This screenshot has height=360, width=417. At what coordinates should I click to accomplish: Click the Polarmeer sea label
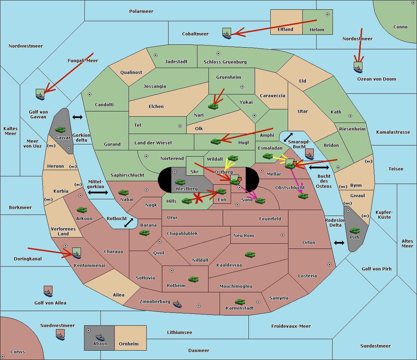(141, 11)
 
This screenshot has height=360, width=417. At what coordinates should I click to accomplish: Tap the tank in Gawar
(60, 129)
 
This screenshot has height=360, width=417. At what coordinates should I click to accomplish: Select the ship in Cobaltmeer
(227, 33)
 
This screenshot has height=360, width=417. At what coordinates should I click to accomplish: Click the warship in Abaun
(100, 337)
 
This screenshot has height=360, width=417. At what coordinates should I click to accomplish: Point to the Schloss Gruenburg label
(225, 62)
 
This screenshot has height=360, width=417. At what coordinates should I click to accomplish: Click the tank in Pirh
(355, 231)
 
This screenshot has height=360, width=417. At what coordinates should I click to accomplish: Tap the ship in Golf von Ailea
(48, 292)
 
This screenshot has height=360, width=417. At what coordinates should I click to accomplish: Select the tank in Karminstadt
(240, 302)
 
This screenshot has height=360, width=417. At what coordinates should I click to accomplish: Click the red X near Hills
(198, 198)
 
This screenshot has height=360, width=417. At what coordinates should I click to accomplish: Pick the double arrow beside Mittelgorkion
(98, 192)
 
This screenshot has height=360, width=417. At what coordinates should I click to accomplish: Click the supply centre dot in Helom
(328, 14)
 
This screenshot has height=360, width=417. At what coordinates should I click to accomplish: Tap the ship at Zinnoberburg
(177, 304)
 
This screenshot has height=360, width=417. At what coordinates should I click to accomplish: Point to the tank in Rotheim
(194, 279)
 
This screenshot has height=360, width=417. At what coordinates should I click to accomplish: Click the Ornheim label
(129, 344)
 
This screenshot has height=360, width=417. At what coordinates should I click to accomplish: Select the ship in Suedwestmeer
(60, 335)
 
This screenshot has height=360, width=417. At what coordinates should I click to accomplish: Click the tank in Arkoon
(82, 210)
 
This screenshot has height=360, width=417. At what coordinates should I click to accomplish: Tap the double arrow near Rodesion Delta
(339, 243)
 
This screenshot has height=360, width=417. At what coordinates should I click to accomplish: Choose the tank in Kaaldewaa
(250, 255)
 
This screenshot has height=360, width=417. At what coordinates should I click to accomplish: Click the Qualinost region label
(131, 72)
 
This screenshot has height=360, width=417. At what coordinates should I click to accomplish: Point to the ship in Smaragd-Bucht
(310, 154)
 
